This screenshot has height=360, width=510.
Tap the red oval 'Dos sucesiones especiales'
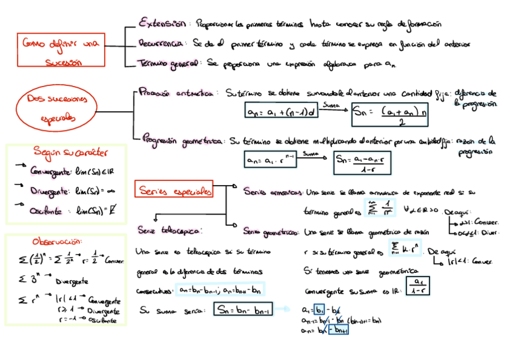[58, 109]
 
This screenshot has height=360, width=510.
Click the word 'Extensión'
[162, 24]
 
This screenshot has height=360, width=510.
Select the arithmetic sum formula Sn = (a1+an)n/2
[389, 114]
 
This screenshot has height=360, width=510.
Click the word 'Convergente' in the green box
[50, 171]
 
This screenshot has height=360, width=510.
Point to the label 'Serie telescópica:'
[170, 230]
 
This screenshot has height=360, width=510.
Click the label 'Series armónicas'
[273, 193]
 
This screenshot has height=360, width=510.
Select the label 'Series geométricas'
[272, 231]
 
